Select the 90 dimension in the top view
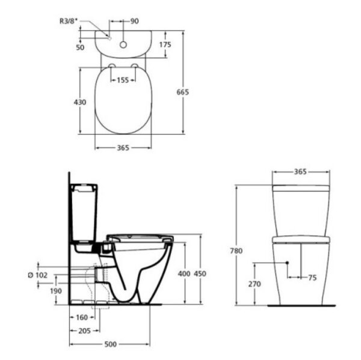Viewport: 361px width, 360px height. pyautogui.click(x=134, y=21)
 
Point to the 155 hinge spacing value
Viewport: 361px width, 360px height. pyautogui.click(x=123, y=79)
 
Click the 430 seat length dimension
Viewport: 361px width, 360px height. pyautogui.click(x=80, y=102)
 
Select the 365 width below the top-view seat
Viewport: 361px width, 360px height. pyautogui.click(x=123, y=147)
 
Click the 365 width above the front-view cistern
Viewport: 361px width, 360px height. pyautogui.click(x=300, y=171)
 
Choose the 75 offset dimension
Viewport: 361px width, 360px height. pyautogui.click(x=312, y=278)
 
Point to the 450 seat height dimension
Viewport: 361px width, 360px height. pyautogui.click(x=200, y=274)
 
